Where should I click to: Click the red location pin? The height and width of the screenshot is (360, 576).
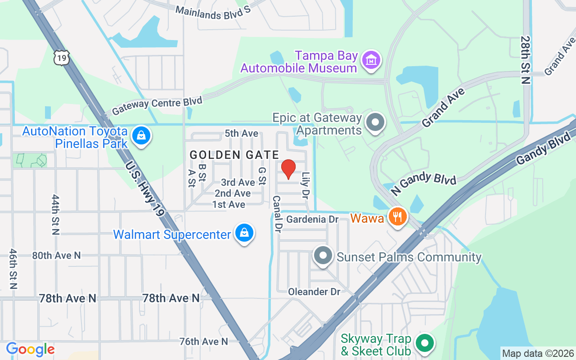point(288,169)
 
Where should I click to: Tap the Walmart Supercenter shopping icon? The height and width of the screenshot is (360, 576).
point(244,233)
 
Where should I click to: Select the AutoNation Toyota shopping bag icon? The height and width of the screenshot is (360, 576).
point(141,135)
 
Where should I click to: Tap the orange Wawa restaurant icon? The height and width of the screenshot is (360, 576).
point(397,217)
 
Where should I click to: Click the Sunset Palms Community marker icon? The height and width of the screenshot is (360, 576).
point(323,256)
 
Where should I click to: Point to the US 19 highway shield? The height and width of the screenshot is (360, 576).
point(62,58)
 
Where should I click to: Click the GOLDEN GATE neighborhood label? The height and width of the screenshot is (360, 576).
point(234,155)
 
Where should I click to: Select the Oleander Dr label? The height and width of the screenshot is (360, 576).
point(314,292)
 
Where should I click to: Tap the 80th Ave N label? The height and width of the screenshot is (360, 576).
point(56,255)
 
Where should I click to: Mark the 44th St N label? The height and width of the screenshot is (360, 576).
point(56,215)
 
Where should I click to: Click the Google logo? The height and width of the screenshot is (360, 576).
point(30,349)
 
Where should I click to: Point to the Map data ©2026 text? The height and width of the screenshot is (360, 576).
point(538,354)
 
